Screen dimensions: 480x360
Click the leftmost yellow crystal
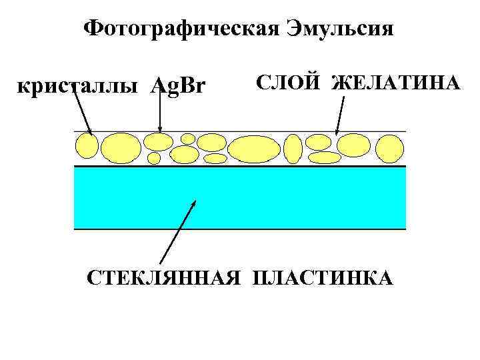[86, 145]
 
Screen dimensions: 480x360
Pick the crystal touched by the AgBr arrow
[159, 141]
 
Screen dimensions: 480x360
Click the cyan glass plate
[239, 197]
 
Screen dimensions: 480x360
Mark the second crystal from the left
[120, 147]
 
